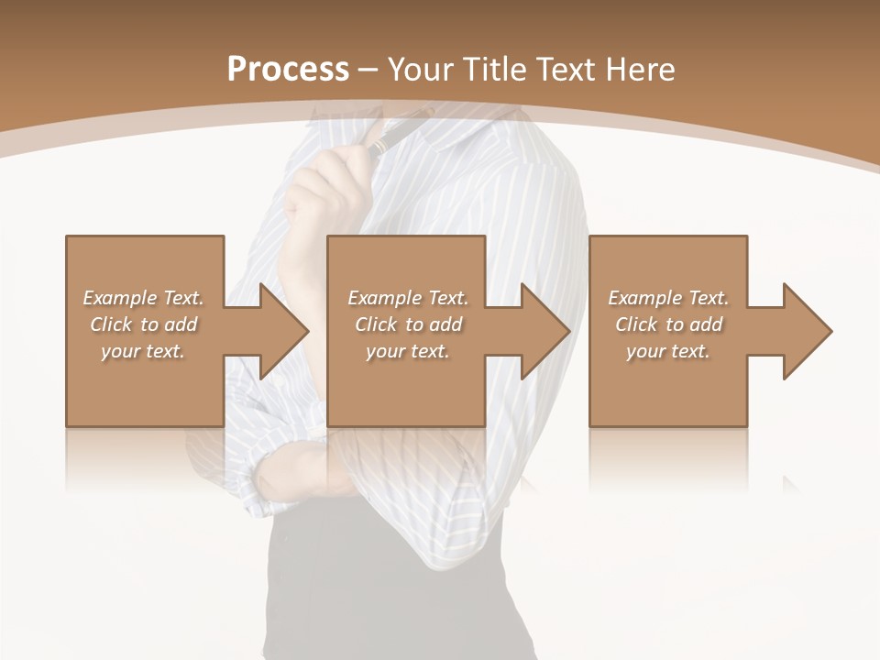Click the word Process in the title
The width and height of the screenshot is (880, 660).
pos(288,70)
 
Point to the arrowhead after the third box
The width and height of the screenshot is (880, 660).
pos(805,331)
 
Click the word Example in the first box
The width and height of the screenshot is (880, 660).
pos(119,298)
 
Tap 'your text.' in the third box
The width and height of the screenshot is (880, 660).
pos(667,351)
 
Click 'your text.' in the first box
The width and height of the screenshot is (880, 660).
pos(143,351)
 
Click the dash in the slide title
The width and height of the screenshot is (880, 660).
pos(368,70)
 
